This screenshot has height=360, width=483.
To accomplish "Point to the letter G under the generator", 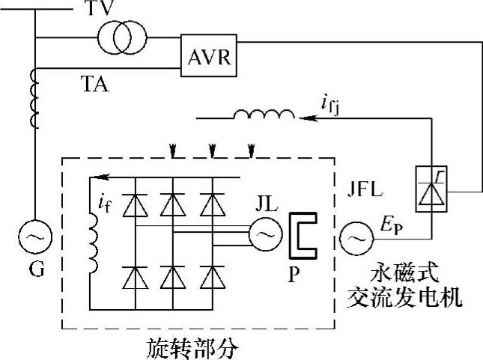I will click(33, 270).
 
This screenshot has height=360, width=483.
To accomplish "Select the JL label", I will click(263, 204).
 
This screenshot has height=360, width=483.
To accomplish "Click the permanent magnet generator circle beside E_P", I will click(353, 239).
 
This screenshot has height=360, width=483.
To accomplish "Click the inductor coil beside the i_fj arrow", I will click(264, 115).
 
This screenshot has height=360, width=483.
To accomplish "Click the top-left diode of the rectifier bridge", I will click(135, 202).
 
